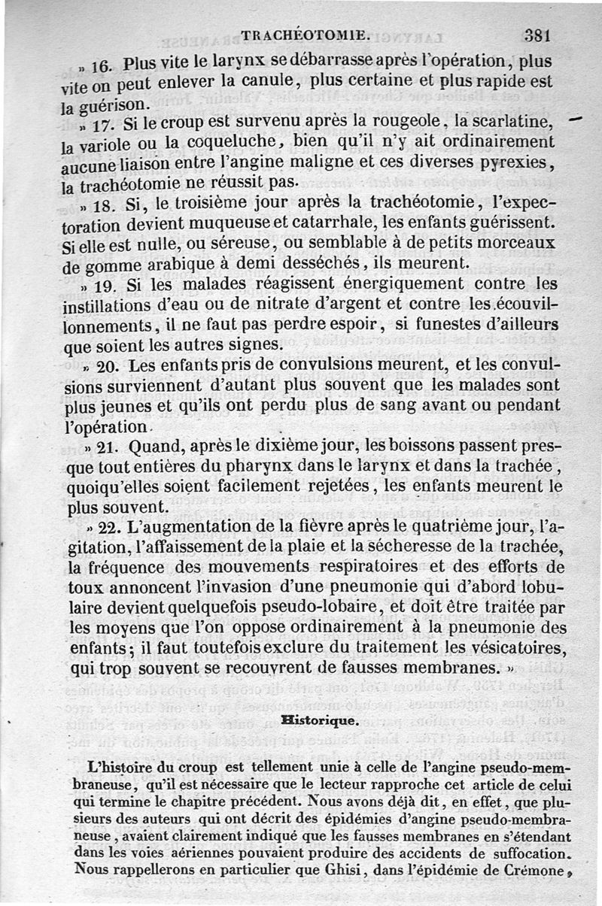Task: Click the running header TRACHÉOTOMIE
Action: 305,35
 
